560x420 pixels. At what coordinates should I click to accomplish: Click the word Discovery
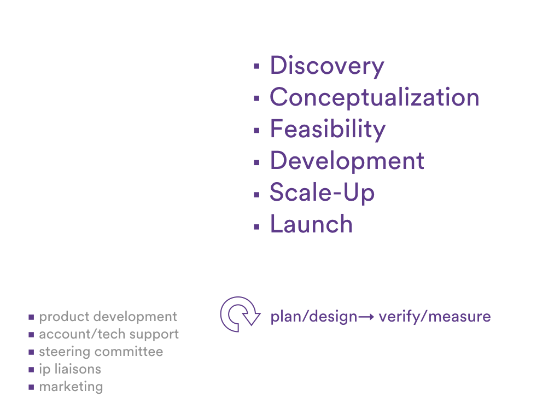pos(327,66)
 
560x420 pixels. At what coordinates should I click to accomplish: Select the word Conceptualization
pos(374,97)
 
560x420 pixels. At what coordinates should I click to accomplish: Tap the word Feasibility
pos(328,129)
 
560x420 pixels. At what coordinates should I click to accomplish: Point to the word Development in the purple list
pos(347,161)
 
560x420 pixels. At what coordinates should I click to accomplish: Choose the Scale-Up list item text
pos(322,193)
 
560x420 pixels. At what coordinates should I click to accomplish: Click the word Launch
pos(311,224)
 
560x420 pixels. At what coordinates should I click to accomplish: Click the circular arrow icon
pos(240,314)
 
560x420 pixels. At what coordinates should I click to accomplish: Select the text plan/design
pos(314,317)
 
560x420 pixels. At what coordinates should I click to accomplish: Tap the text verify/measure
pos(435,317)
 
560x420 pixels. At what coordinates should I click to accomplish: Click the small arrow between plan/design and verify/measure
pos(366,317)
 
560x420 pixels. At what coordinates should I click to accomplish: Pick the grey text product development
pos(108,317)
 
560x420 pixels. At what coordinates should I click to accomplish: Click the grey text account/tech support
pos(109,335)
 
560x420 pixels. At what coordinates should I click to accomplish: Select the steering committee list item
pos(101,352)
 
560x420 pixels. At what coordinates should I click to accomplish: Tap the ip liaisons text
pos(70,370)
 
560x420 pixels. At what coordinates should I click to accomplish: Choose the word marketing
pos(71,387)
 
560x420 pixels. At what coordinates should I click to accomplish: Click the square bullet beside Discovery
pos(256,66)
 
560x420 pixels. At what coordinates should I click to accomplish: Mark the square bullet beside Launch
pos(256,226)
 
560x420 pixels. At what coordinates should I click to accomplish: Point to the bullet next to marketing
pos(31,387)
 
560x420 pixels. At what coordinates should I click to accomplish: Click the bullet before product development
pos(31,317)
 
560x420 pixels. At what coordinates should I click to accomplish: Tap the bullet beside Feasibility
pos(256,130)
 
